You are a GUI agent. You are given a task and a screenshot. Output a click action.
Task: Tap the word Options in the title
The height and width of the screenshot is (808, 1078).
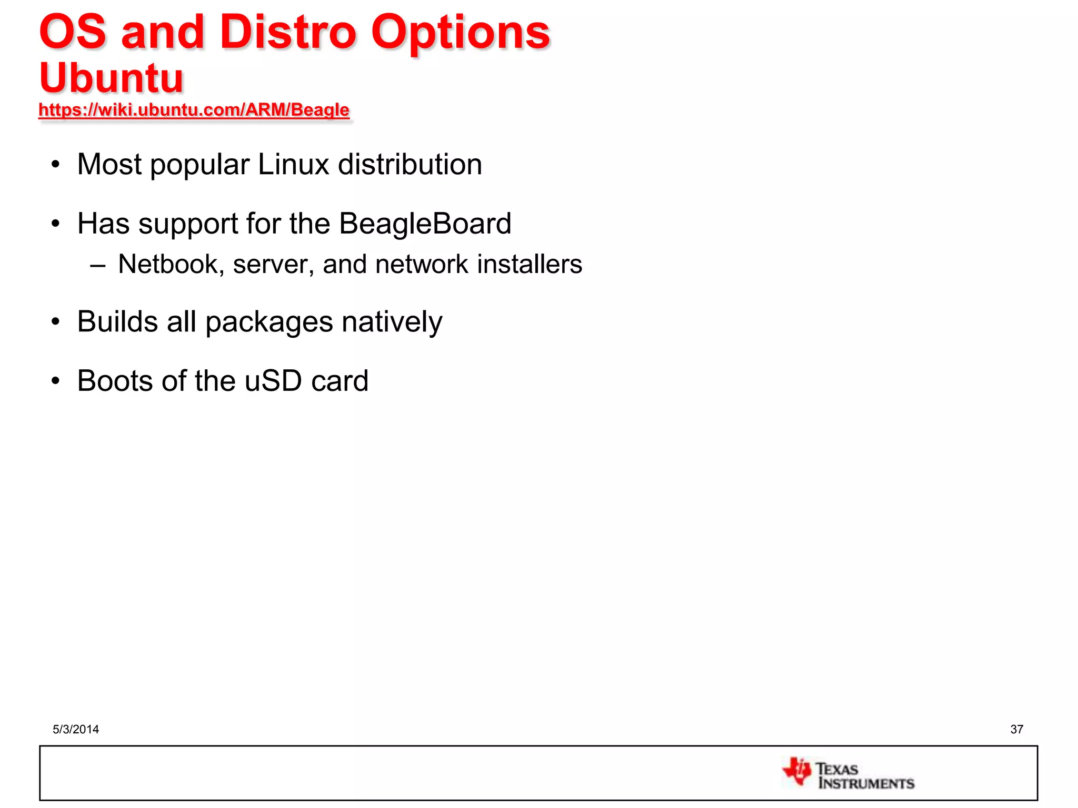tap(460, 33)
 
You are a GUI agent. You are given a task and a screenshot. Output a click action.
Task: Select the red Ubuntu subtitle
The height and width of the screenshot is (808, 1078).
tap(111, 78)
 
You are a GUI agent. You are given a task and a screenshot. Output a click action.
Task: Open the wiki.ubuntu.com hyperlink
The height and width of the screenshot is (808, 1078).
tap(194, 110)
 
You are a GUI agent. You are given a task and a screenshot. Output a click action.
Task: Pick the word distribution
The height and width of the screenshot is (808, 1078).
tap(410, 165)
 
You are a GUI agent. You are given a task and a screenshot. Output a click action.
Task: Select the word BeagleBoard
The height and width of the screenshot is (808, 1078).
tap(425, 224)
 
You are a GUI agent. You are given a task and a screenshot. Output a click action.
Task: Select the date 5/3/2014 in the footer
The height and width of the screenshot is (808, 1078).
tap(76, 729)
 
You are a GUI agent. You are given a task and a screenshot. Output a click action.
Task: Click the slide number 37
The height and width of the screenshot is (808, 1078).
tap(1016, 729)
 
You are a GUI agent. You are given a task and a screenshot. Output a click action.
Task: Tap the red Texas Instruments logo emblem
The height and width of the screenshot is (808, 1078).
tap(797, 771)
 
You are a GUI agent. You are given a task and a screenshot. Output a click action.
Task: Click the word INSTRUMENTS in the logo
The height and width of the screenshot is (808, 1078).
tap(866, 783)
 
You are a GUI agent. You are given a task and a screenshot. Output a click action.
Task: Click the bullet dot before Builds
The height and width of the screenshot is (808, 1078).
tap(56, 322)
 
